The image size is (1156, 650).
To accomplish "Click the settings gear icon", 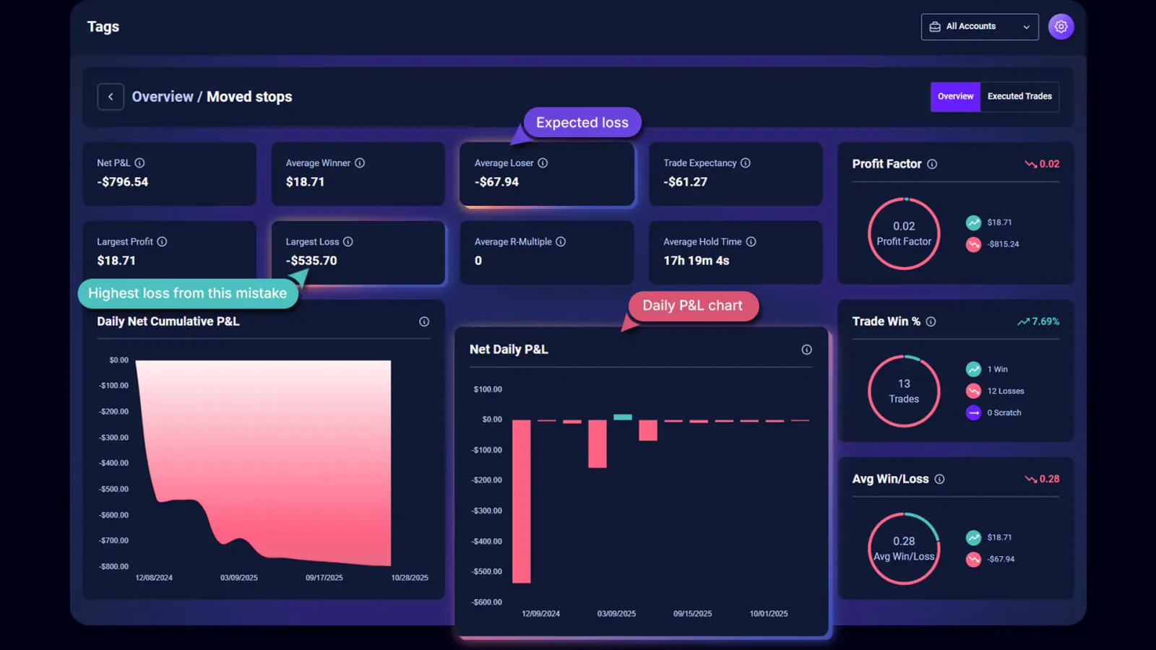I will pos(1061,27).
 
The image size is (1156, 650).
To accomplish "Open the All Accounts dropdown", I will pos(979,27).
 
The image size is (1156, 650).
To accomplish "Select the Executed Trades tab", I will pos(1019,96).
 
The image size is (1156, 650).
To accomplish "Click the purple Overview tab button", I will pos(955,96).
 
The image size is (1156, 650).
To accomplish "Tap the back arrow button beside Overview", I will pos(111,97).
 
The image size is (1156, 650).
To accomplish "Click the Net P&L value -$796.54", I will pos(123,182).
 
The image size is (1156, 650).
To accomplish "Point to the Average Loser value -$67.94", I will pos(496,182).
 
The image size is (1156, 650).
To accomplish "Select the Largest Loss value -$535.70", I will pos(311,261).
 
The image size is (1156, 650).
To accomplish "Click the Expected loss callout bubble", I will pos(582,123).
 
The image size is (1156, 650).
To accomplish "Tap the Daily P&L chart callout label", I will pos(692,305).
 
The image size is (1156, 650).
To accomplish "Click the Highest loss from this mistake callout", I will pos(187,293).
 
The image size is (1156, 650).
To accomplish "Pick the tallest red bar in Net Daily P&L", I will pos(521,501).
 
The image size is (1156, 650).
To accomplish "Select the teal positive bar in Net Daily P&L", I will pos(622,417).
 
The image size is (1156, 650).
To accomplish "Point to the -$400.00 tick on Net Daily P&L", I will pos(487,541).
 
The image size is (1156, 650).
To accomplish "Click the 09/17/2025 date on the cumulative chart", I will pos(324,578).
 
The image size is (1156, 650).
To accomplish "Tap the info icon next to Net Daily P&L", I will pos(806,350).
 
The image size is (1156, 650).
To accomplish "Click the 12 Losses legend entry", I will pos(1005,391).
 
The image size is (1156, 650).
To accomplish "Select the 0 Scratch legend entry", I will pos(1004,412).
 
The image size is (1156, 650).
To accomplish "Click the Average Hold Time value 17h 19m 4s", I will pos(696,261).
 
